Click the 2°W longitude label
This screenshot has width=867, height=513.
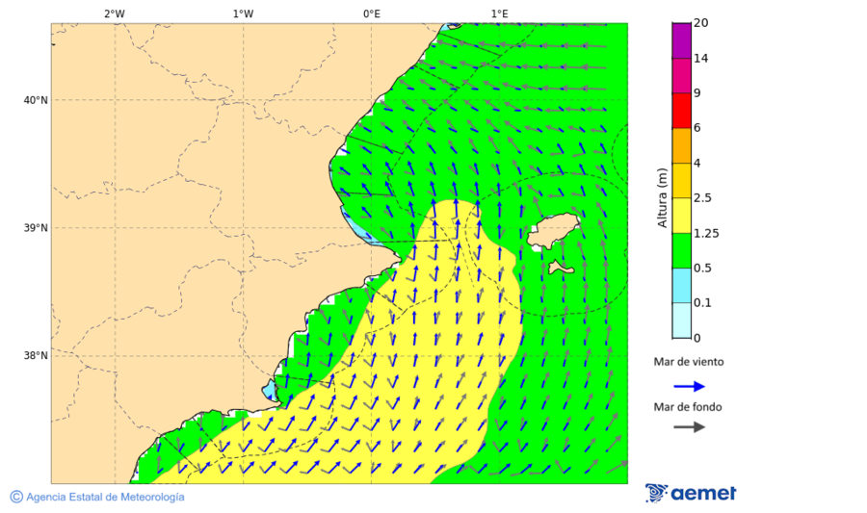click(x=114, y=13)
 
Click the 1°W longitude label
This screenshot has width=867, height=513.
click(x=243, y=13)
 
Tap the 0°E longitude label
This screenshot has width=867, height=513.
click(x=371, y=13)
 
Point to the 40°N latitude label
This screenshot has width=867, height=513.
click(x=36, y=100)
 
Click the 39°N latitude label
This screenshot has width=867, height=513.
click(x=36, y=228)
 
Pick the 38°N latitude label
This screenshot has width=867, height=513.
click(x=36, y=355)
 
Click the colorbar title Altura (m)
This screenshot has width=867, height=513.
click(x=662, y=197)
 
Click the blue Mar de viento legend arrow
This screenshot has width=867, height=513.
click(x=689, y=386)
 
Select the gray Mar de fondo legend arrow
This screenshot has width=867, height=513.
click(x=689, y=427)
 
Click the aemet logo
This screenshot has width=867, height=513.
click(x=691, y=493)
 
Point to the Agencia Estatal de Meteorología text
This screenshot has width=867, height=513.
click(x=104, y=497)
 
